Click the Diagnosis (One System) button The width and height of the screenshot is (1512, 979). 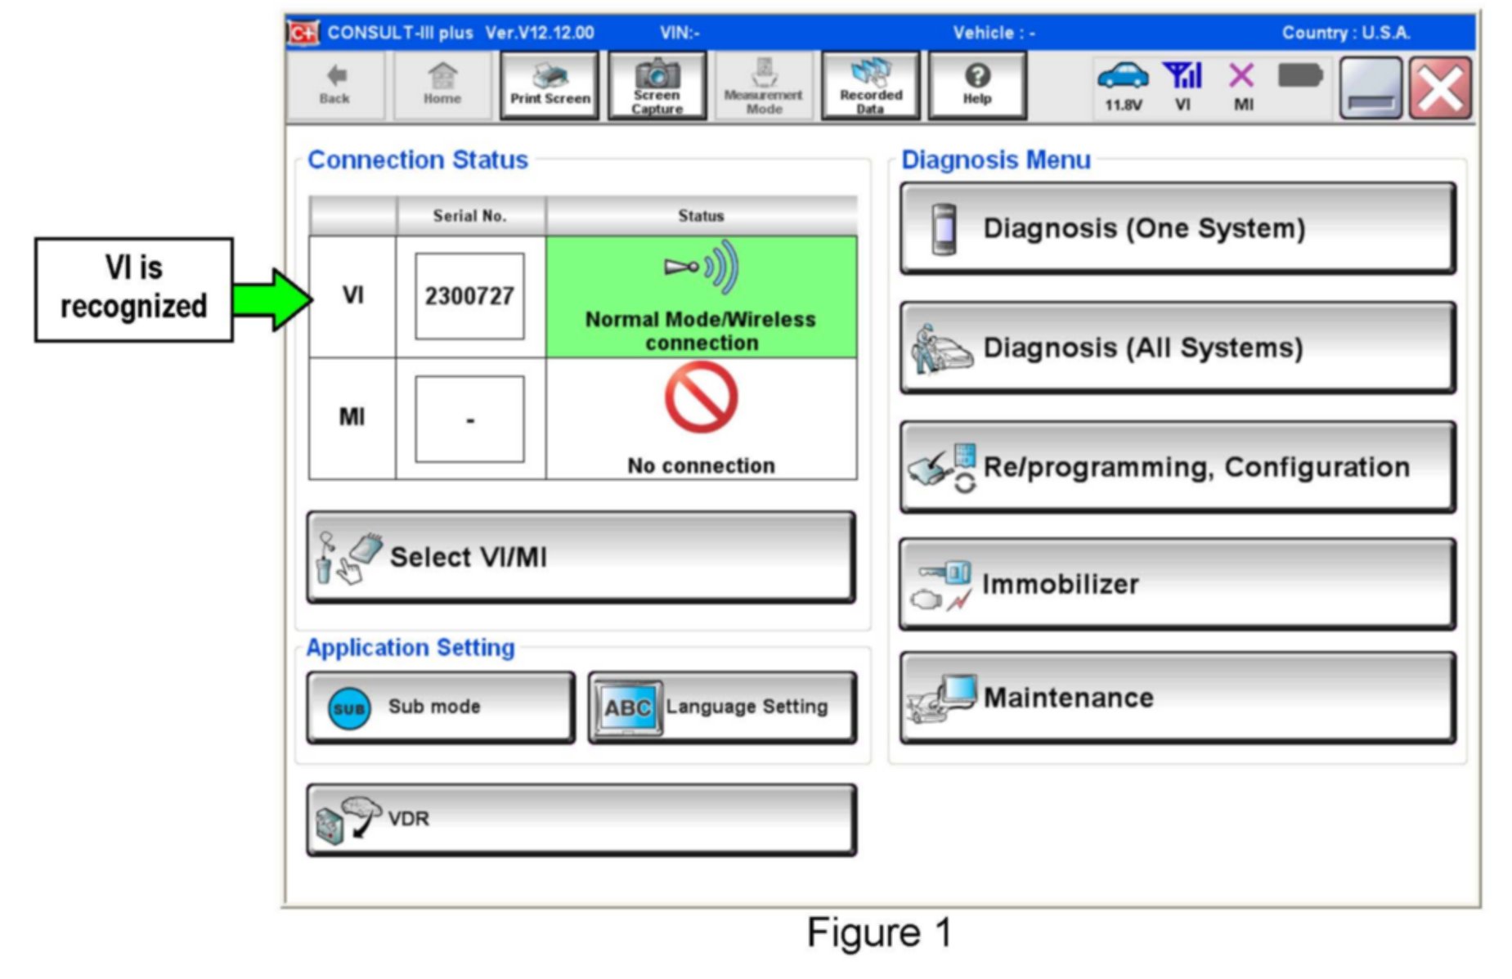tap(1177, 228)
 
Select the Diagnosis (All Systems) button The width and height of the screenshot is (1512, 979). tap(1177, 348)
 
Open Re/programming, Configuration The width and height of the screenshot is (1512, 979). tap(1177, 467)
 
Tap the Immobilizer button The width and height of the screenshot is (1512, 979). tap(1177, 584)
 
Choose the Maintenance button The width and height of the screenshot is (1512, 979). tap(1177, 698)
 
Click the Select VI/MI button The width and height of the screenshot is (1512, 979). tap(581, 558)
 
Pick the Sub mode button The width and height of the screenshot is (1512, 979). tap(440, 707)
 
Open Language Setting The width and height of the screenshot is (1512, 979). tap(722, 707)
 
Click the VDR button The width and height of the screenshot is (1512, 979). tap(581, 820)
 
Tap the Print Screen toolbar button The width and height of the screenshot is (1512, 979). tap(550, 86)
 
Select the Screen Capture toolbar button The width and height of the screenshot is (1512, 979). tap(657, 86)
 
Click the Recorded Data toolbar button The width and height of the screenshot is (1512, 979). tap(870, 86)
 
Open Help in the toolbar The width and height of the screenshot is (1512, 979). tap(976, 86)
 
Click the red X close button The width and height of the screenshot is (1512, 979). tap(1440, 88)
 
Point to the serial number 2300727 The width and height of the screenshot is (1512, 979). tap(469, 296)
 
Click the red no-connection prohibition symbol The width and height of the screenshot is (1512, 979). tap(701, 398)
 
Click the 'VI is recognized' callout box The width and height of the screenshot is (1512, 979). tap(133, 289)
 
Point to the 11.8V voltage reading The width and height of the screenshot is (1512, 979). tap(1123, 105)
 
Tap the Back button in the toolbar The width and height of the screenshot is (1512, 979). tap(334, 86)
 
